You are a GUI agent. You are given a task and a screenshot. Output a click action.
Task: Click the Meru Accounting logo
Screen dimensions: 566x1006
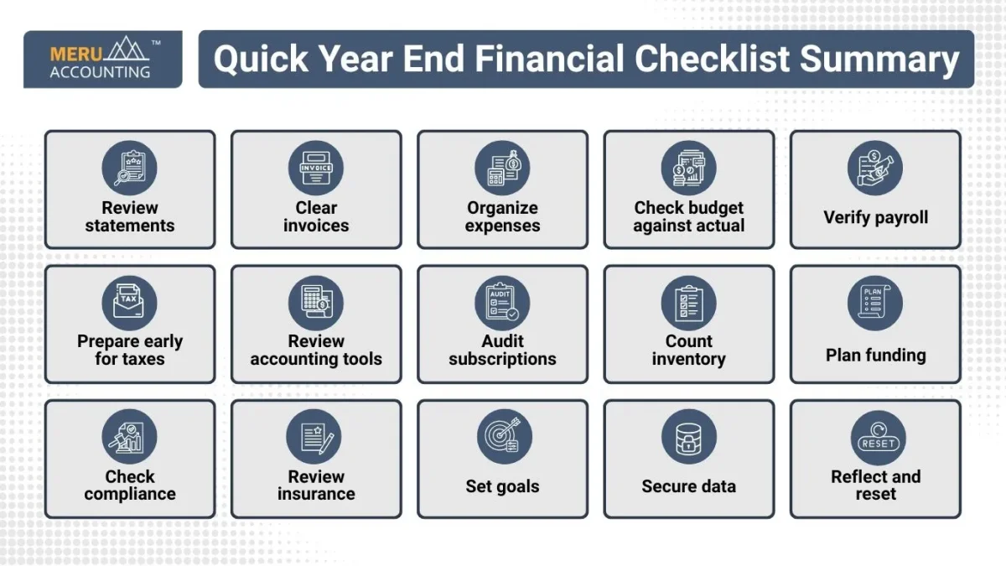[102, 60]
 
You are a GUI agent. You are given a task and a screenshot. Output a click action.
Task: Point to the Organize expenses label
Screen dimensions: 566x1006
[502, 216]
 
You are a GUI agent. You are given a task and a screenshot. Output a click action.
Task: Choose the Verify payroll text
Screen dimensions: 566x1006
[875, 217]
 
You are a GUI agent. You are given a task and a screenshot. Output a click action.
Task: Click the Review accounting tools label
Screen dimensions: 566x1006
[316, 351]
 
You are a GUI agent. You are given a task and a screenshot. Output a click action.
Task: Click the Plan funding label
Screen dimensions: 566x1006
[875, 356]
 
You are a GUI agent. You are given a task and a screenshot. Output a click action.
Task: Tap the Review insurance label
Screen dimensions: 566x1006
[316, 486]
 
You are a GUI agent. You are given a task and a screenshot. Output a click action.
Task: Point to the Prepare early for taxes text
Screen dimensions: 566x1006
[130, 351]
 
